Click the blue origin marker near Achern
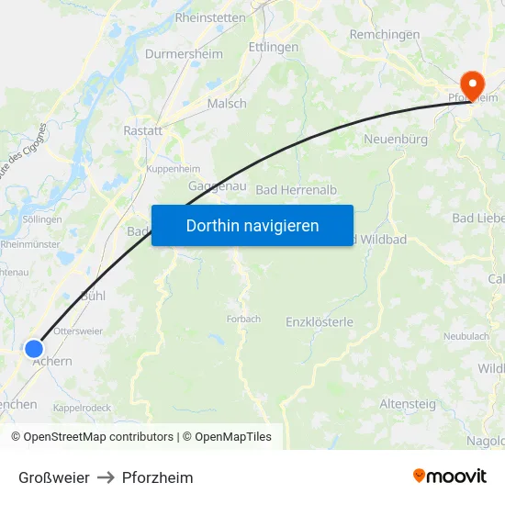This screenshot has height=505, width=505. tap(34, 349)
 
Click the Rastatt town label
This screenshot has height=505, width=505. tap(142, 131)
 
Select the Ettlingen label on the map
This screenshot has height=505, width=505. tap(273, 47)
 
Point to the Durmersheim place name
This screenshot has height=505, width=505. tap(184, 54)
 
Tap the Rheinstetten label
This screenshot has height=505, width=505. tap(209, 17)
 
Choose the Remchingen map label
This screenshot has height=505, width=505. tap(385, 35)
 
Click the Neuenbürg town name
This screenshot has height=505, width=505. tap(396, 140)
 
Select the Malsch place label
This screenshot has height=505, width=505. tap(227, 104)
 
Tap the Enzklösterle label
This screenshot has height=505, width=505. tap(320, 322)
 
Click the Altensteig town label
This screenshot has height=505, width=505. tap(408, 403)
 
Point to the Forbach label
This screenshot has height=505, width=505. tap(243, 320)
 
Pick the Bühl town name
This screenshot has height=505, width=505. tap(93, 297)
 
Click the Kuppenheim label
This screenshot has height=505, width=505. tap(173, 170)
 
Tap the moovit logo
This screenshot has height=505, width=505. tap(450, 477)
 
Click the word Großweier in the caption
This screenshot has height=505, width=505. tap(54, 477)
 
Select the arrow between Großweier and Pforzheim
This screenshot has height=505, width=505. tap(106, 477)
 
